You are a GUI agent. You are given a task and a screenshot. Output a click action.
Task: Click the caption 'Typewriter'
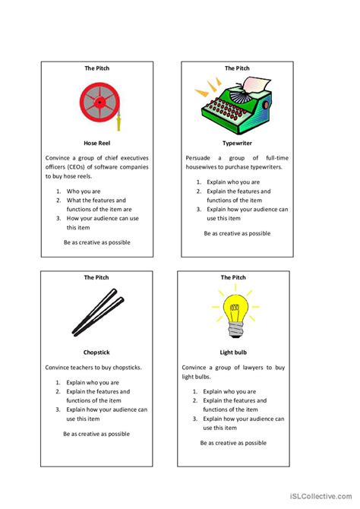[x=237, y=142]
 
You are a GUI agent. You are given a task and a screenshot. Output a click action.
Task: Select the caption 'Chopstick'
[x=97, y=353]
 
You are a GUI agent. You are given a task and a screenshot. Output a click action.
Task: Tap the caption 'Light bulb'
[x=234, y=353]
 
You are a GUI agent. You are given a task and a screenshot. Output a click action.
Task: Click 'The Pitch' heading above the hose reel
[x=96, y=68]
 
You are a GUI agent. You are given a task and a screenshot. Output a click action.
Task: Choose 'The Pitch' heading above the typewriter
[x=237, y=68]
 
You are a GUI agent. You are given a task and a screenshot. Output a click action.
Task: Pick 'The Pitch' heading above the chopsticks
[x=96, y=278]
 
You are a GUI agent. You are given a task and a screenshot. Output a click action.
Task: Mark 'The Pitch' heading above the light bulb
[x=234, y=278]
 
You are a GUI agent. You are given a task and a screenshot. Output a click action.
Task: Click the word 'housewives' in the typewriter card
[x=202, y=167]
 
